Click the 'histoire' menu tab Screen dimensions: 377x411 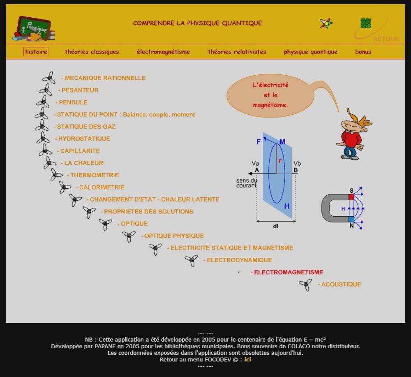click(x=36, y=52)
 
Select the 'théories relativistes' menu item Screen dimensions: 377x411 click(x=237, y=52)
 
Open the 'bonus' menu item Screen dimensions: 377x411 click(x=363, y=52)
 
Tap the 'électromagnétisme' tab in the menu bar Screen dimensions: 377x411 click(x=163, y=52)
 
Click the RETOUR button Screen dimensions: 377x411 click(x=386, y=39)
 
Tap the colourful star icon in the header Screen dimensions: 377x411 click(x=326, y=23)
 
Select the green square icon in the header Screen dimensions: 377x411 click(x=365, y=23)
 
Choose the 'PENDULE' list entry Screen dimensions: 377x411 click(x=73, y=102)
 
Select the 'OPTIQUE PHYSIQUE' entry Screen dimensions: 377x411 click(x=174, y=236)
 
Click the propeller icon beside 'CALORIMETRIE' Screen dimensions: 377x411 click(x=65, y=187)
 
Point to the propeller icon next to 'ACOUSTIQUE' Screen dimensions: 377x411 click(x=305, y=284)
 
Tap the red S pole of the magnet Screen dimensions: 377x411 click(x=351, y=197)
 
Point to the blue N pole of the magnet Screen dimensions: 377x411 click(x=351, y=219)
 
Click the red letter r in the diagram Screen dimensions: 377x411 click(x=280, y=161)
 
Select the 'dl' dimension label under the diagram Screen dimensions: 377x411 click(x=275, y=226)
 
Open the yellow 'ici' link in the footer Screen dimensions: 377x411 click(x=248, y=359)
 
